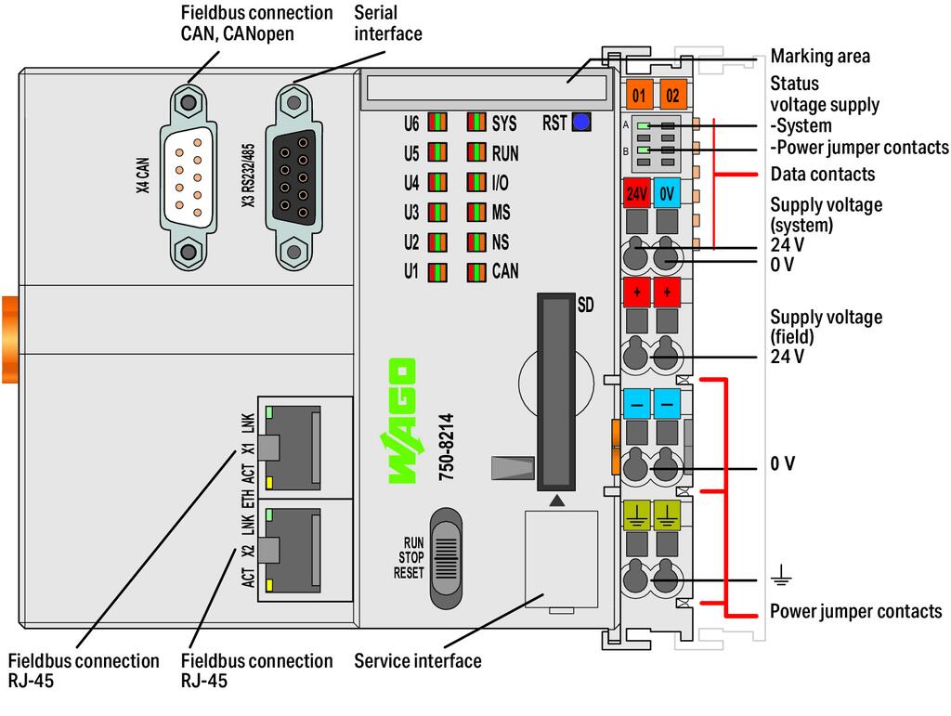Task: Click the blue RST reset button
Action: point(582,122)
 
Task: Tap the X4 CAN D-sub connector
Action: point(188,176)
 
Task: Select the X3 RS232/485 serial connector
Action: point(295,176)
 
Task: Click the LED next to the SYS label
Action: point(476,123)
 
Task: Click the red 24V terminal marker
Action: point(636,194)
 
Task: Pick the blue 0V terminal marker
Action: point(667,194)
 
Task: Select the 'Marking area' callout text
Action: point(820,57)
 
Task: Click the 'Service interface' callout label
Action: point(417,661)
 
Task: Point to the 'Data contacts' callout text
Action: point(822,174)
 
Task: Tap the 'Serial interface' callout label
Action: point(387,23)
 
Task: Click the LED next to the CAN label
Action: point(476,272)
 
